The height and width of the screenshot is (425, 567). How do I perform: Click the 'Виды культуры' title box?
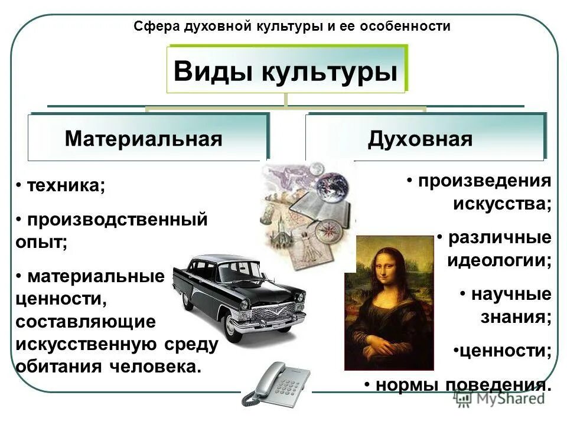click(285, 70)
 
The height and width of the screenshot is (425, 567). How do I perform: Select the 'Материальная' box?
click(144, 139)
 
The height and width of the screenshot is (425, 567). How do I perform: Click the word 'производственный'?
click(116, 220)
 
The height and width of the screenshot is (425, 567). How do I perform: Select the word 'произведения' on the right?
click(484, 181)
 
